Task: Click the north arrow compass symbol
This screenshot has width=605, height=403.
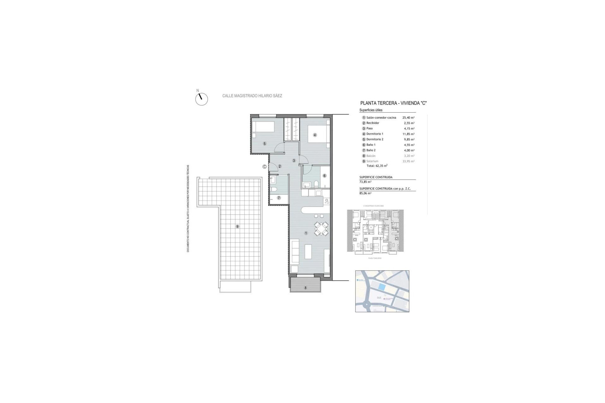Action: coord(201,99)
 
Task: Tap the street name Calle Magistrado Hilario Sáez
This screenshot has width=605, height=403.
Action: coord(252,96)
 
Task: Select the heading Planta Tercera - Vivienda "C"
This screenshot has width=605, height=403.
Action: coord(393,103)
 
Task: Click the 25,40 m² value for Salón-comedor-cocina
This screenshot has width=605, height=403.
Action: coord(408,117)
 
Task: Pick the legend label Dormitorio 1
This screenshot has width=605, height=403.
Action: coord(375,134)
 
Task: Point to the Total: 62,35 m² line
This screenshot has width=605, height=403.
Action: coord(377,166)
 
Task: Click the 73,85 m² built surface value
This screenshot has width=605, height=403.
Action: coord(365,182)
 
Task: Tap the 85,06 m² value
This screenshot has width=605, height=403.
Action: coord(365,193)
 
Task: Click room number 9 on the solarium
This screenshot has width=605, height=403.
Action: coord(237,226)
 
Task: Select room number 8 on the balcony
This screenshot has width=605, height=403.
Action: coord(305,288)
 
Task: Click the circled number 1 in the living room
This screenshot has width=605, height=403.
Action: coord(306,233)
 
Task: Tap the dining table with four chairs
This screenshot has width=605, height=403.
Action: coord(321,229)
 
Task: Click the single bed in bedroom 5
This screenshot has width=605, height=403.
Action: coord(263,127)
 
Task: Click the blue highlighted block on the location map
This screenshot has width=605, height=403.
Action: coord(381,287)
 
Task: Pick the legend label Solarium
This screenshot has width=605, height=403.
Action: coord(372,161)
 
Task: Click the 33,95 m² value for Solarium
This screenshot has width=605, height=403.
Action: coord(408,161)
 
